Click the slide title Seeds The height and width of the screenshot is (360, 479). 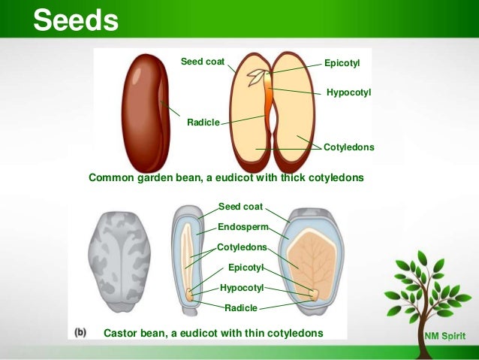(75, 21)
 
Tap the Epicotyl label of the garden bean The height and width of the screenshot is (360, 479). (342, 64)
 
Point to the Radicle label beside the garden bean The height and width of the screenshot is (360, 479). (203, 123)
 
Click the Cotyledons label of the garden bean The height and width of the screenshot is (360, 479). (348, 147)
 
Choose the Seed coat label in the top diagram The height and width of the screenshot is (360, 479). (202, 61)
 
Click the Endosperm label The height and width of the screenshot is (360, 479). (243, 227)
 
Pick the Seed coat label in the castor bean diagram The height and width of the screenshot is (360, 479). (240, 206)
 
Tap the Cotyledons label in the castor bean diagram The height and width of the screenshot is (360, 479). (242, 247)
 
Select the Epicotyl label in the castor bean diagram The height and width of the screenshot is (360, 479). (246, 268)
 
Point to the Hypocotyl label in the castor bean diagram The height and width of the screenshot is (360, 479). (242, 288)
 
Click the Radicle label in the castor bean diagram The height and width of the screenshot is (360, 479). (241, 307)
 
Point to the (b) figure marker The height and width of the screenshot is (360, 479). (81, 331)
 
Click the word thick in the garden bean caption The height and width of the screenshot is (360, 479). (294, 178)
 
